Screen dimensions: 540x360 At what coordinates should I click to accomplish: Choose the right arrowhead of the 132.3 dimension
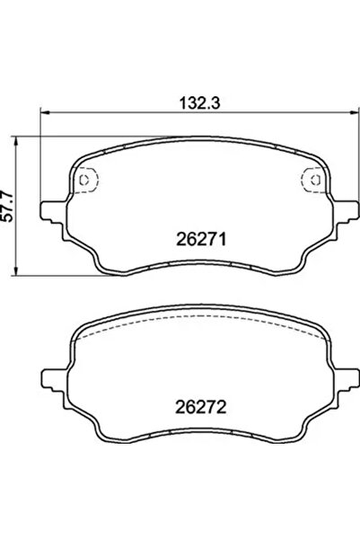pos(354,113)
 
